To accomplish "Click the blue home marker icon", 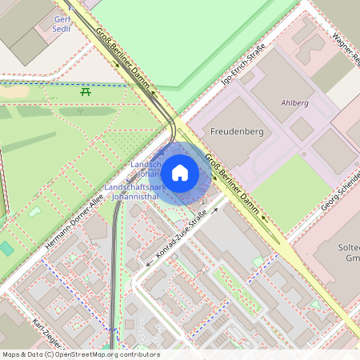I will [180, 173].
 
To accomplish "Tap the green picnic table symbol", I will [85, 92].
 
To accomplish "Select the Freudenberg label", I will [236, 131].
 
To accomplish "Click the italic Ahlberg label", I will [294, 103].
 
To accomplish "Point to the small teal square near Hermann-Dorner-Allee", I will [6, 248].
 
